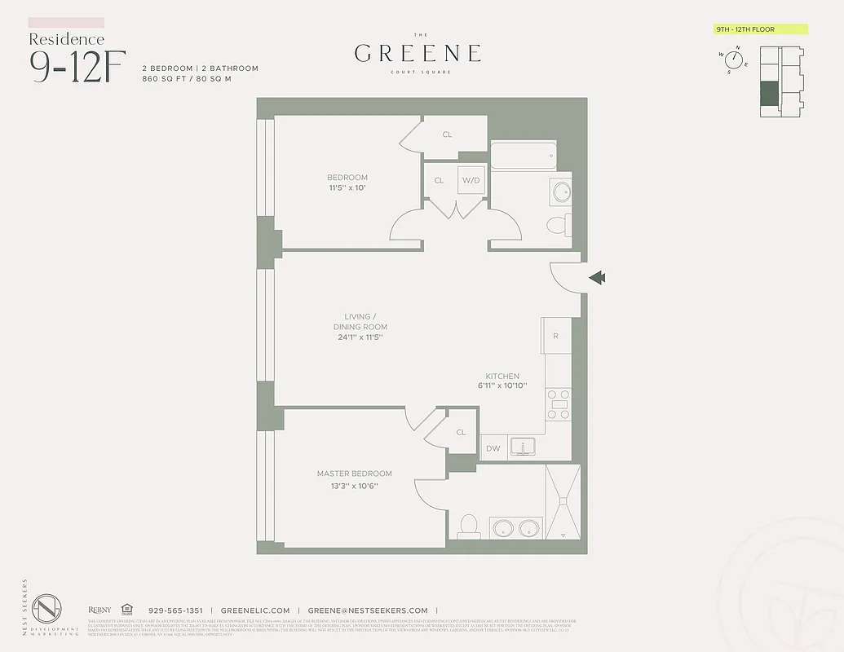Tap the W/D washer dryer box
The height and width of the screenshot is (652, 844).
471,180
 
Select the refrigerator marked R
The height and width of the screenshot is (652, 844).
555,336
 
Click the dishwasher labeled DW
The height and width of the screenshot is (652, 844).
493,448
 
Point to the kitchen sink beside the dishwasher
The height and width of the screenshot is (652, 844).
522,447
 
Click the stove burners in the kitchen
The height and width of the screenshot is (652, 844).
559,404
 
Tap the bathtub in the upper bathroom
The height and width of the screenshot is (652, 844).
523,155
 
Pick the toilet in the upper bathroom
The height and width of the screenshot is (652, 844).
559,225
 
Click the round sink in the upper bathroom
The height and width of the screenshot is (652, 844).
561,192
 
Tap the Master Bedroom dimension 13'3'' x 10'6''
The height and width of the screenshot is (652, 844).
354,486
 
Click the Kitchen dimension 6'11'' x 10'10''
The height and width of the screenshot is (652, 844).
502,385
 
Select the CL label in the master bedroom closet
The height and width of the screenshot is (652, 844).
461,433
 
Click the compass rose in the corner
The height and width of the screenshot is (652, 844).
734,59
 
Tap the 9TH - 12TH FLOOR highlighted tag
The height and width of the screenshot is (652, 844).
760,29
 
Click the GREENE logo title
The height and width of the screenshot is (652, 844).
418,54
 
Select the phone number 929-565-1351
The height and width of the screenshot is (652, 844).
175,610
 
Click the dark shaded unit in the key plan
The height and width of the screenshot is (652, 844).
769,94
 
